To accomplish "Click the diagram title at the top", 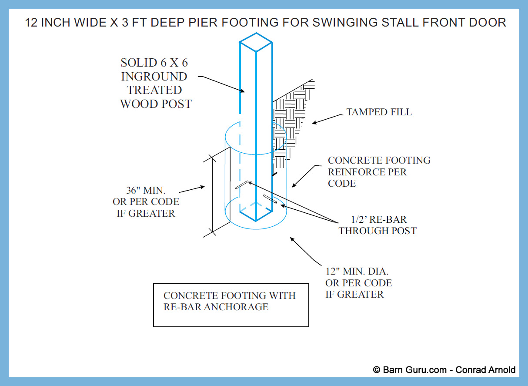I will (265, 23).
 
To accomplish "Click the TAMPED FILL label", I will (379, 112).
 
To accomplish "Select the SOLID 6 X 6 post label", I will (155, 84).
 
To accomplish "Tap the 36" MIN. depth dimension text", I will (148, 202).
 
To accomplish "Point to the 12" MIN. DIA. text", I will (358, 282).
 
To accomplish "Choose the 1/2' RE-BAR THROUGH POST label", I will (378, 225).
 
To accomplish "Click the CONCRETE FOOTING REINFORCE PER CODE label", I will (379, 171).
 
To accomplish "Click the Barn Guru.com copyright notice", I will (444, 370).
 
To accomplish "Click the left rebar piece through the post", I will (242, 185).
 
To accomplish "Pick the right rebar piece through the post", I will (270, 200).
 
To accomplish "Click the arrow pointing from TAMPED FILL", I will (326, 119).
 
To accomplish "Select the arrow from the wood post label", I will (222, 84).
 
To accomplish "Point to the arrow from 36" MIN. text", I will (192, 190).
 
